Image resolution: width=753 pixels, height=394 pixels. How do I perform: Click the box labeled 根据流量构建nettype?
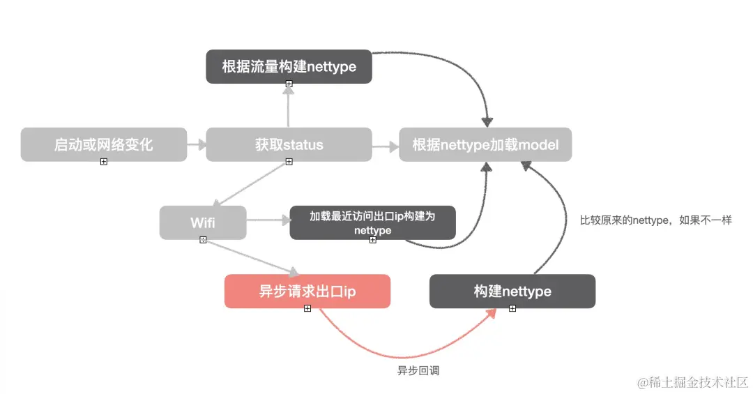tap(289, 67)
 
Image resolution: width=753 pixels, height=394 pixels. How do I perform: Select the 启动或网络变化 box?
tap(103, 145)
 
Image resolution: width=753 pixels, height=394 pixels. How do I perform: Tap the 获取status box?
tap(289, 145)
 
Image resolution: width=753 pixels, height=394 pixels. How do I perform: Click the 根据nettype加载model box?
tap(485, 145)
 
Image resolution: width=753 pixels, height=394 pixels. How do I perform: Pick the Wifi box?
tap(203, 223)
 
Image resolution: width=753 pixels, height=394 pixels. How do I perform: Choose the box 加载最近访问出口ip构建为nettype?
tap(372, 222)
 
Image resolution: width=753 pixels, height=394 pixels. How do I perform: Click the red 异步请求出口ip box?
tap(307, 291)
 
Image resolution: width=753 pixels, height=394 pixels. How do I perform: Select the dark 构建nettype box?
tap(512, 291)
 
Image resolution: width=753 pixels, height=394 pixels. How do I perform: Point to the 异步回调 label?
tap(418, 371)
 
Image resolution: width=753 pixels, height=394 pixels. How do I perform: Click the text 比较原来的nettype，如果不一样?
tap(655, 220)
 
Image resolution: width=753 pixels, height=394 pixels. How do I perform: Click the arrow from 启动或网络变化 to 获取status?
tap(197, 145)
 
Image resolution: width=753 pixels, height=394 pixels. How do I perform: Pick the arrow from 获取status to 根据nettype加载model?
tap(383, 146)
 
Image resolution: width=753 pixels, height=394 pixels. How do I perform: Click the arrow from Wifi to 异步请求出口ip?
tap(251, 257)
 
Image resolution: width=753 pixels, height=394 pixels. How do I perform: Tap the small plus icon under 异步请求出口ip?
tap(307, 308)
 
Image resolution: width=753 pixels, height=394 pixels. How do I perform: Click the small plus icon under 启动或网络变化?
tap(103, 162)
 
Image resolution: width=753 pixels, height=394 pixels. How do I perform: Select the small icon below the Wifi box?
tap(203, 240)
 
